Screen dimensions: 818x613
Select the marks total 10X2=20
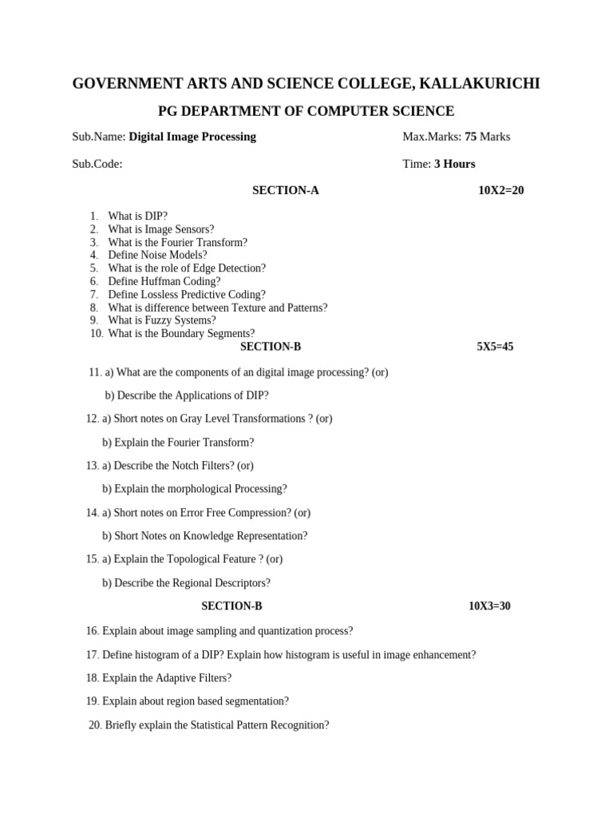click(500, 190)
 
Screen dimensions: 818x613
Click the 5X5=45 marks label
click(495, 347)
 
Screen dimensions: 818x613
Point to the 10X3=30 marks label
click(489, 606)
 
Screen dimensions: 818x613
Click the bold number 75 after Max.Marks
click(470, 137)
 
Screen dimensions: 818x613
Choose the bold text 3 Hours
click(454, 164)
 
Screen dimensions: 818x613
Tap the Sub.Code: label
click(97, 164)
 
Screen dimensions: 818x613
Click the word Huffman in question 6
click(165, 281)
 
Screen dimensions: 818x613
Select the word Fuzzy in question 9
click(155, 320)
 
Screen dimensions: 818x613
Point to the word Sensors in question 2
click(194, 229)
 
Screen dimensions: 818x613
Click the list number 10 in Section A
click(97, 334)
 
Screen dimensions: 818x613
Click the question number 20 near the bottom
click(95, 725)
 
